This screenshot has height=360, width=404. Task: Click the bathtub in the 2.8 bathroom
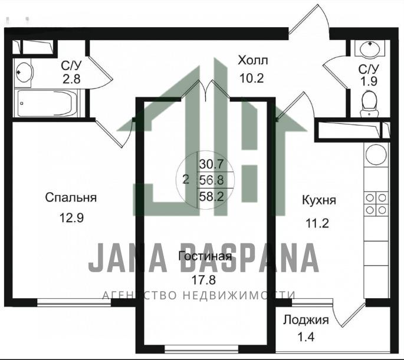pos(47,103)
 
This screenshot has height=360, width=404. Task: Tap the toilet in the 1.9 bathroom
pos(369,104)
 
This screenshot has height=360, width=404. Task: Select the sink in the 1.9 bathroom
pos(370,48)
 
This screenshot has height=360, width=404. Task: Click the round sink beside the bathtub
pos(24,72)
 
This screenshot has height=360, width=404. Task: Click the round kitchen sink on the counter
pos(377,154)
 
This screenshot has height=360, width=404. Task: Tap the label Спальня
pos(71,198)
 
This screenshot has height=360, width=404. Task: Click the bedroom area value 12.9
pos(71,218)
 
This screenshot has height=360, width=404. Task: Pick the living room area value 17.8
pos(203,280)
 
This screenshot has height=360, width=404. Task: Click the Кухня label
pos(319,200)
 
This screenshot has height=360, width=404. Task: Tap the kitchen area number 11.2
pos(317,223)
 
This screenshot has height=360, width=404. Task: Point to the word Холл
pos(253,61)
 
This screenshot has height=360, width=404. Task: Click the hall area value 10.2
pos(251,78)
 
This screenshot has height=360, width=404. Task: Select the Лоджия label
pos(306,321)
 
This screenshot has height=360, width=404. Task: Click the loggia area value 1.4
pos(306,337)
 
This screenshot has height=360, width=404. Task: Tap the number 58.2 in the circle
pos(212,197)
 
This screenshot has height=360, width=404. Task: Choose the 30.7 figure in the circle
pos(211,164)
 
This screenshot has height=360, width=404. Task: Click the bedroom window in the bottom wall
pos(74,302)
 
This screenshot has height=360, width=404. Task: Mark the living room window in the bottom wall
pos(202,349)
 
